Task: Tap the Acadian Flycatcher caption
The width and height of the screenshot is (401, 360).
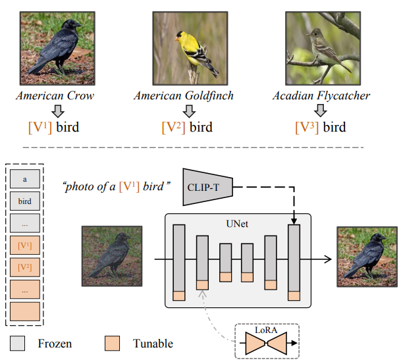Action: [x=321, y=95]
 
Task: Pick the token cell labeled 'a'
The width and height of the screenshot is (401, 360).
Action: [x=25, y=178]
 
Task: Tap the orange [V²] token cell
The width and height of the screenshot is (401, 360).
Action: [x=25, y=267]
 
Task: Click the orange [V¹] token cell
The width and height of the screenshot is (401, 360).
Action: [x=25, y=245]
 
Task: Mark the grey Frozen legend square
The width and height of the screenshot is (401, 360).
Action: [x=19, y=343]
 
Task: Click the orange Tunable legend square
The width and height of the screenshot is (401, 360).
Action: [x=113, y=343]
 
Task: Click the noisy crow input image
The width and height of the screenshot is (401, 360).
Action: [x=111, y=255]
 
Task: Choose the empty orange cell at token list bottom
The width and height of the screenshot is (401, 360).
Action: [x=25, y=311]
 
